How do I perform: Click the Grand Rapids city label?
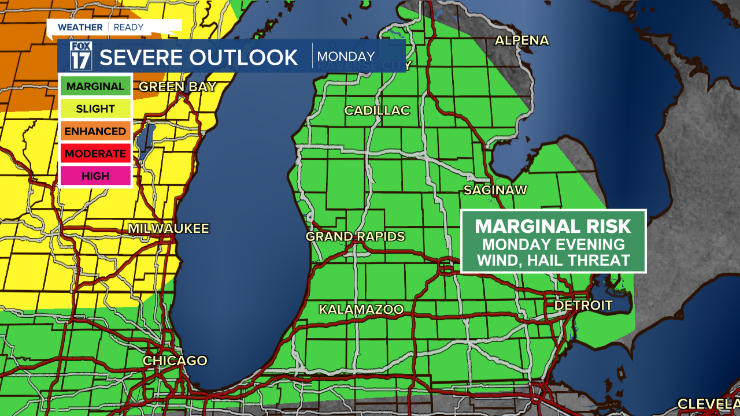(x=355, y=236)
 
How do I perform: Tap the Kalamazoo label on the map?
(x=361, y=310)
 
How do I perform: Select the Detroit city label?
(x=583, y=305)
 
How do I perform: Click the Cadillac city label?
(x=377, y=110)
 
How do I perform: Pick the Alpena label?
(x=522, y=40)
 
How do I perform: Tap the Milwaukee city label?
(x=168, y=229)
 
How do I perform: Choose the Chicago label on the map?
(x=175, y=361)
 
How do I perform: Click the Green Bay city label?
(x=177, y=87)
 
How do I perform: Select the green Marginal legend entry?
(x=95, y=87)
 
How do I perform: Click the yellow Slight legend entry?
(x=95, y=109)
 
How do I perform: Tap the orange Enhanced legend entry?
(x=95, y=131)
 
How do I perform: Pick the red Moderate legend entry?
(x=95, y=154)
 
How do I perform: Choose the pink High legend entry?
(x=95, y=176)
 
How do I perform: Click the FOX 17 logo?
(x=81, y=56)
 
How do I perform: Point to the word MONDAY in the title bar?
(x=346, y=57)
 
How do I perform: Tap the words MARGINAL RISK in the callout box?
(x=553, y=226)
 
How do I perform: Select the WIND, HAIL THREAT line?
(x=553, y=261)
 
